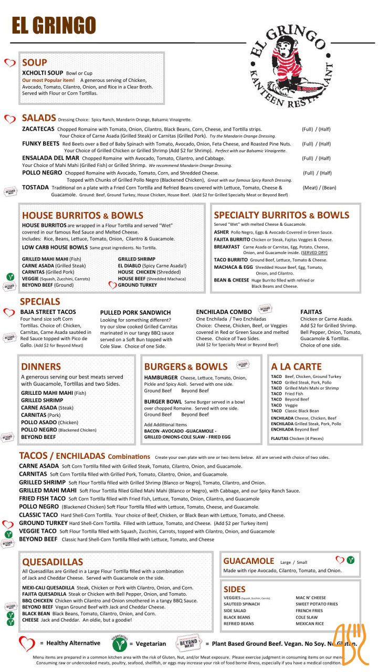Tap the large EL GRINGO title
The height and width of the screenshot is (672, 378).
tap(54, 25)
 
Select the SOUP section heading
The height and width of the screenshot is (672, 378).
tap(35, 62)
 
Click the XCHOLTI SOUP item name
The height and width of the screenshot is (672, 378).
tap(43, 72)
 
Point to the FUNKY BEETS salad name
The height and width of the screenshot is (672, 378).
tap(40, 143)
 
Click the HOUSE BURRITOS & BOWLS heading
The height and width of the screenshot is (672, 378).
tap(82, 216)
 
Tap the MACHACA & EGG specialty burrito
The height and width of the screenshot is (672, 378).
tap(233, 267)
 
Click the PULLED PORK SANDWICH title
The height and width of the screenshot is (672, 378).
tap(135, 312)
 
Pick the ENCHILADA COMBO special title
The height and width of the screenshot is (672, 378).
tap(224, 312)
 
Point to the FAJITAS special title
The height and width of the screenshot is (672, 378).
tap(311, 312)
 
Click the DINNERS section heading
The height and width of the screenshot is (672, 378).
tap(41, 366)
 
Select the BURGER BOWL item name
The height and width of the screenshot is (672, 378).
tap(163, 401)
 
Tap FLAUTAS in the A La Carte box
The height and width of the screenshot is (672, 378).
tap(279, 438)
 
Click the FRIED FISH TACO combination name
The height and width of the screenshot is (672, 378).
tap(42, 498)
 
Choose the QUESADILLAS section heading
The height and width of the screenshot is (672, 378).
tap(52, 562)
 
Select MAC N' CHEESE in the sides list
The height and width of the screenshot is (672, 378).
tap(311, 597)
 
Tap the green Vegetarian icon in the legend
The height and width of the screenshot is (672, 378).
tap(120, 643)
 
